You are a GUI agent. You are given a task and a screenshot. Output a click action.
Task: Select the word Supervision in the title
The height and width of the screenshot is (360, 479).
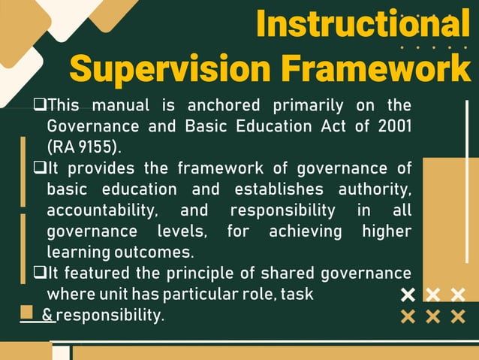[170, 69]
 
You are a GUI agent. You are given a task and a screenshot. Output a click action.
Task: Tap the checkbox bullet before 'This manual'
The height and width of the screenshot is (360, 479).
[41, 104]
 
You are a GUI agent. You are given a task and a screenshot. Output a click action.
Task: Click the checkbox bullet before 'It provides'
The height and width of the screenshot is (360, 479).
[41, 167]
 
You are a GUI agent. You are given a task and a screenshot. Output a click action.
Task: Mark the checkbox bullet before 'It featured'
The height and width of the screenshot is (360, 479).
[41, 272]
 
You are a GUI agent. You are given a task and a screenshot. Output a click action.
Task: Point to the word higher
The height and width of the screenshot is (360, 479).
[386, 230]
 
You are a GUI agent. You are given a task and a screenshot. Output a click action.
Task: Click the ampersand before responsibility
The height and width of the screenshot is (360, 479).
[47, 315]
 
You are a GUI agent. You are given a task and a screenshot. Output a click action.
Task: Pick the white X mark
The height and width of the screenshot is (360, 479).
[408, 294]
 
